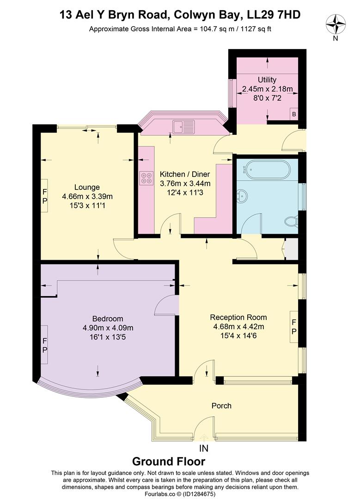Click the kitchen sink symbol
(184, 125)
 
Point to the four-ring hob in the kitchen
(147, 178)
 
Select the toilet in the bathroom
(291, 222)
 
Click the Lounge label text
(87, 187)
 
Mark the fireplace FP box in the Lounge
(45, 195)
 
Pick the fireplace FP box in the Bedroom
(45, 345)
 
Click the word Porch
(221, 406)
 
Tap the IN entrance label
(204, 448)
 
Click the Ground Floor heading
(169, 461)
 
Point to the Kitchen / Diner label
(185, 174)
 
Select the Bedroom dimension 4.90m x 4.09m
(108, 328)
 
